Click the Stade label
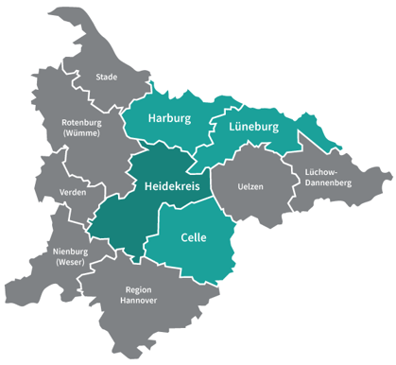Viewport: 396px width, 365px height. point(106,77)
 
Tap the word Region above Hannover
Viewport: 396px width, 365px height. point(138,289)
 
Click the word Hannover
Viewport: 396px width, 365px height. point(138,302)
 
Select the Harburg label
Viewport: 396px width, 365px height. point(170,119)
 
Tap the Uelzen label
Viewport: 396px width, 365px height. point(250,186)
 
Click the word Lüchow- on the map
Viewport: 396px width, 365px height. point(325,171)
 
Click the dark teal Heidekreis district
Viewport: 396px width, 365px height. point(132,213)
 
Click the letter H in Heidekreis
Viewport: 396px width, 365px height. point(148,186)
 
